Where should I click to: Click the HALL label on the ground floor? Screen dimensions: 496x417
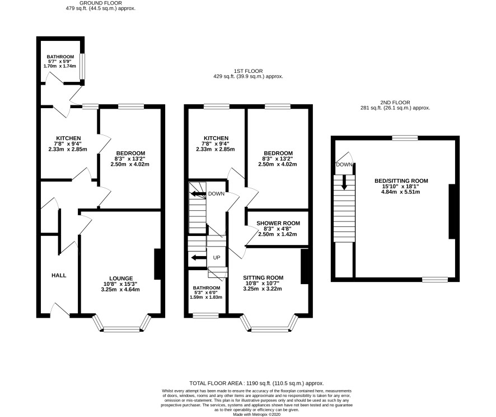[59, 275]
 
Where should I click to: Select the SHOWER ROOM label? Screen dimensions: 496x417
[278, 223]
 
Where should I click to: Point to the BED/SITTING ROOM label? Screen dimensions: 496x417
[401, 181]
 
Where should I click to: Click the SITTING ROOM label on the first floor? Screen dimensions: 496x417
[263, 277]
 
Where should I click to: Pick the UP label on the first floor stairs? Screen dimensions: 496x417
[216, 258]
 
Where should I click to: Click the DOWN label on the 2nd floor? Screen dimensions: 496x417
[344, 165]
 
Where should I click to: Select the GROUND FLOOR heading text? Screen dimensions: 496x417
[101, 3]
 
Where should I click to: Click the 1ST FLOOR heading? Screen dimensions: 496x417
[249, 71]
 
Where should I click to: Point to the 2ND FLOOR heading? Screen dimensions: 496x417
[395, 103]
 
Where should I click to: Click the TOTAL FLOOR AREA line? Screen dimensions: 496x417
[256, 383]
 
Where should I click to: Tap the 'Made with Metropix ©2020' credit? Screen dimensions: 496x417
[256, 414]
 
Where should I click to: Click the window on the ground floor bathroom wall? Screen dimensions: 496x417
[82, 66]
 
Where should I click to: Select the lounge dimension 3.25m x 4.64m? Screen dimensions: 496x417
[120, 289]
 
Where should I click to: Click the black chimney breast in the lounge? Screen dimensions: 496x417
[157, 264]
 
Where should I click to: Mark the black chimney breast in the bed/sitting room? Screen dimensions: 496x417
[452, 211]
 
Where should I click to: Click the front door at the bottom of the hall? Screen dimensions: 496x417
[60, 311]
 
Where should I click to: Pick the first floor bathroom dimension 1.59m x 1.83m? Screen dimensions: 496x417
[206, 297]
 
